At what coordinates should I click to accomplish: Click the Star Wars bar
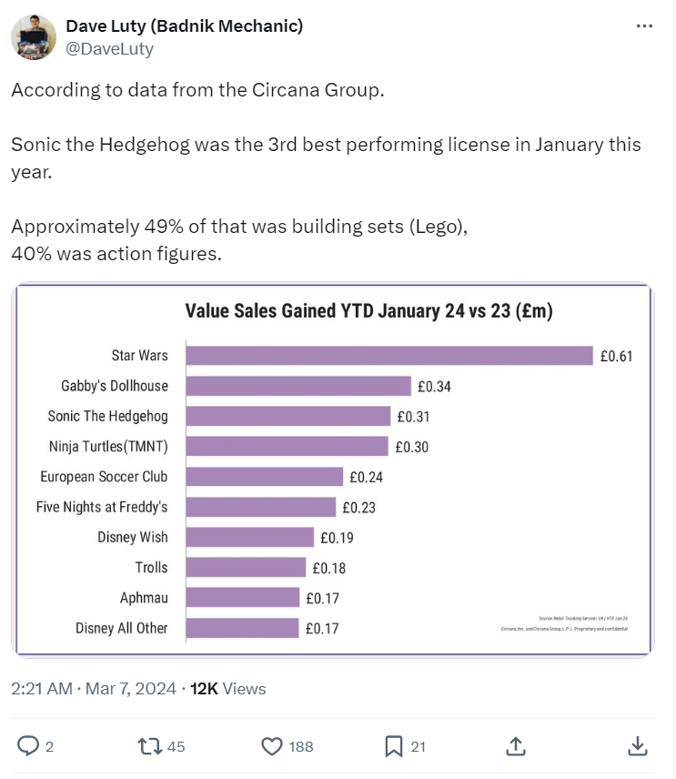click(388, 355)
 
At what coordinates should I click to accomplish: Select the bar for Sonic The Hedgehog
click(288, 416)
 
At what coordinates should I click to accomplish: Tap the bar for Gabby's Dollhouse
click(298, 386)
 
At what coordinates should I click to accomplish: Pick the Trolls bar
click(246, 567)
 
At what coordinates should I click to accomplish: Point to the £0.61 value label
click(616, 356)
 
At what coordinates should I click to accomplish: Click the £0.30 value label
click(412, 447)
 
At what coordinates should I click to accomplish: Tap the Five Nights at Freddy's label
click(102, 507)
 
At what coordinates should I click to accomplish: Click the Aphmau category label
click(144, 598)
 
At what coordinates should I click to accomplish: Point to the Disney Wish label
click(133, 537)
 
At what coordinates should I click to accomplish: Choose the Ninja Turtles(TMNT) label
click(108, 446)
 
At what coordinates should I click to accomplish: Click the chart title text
click(369, 311)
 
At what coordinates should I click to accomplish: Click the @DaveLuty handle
click(110, 49)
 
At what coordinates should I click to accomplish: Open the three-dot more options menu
click(644, 26)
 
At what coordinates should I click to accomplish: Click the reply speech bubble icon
click(29, 746)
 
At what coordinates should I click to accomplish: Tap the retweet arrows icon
click(148, 746)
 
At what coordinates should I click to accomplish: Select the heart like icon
click(272, 746)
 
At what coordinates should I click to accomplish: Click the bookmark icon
click(393, 746)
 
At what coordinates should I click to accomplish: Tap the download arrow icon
click(637, 746)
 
